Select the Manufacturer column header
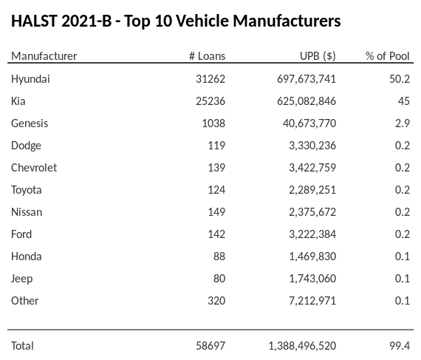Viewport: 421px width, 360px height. (44, 56)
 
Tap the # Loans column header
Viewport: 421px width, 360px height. (207, 56)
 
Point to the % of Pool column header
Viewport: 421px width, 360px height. (387, 56)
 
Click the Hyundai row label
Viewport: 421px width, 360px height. (30, 78)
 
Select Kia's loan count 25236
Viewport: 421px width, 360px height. (209, 101)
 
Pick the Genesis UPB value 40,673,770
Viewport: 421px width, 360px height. (309, 123)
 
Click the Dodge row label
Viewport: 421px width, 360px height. (26, 145)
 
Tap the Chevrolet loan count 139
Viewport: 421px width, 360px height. (216, 167)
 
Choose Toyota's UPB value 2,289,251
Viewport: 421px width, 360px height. (312, 189)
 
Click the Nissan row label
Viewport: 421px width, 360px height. (27, 211)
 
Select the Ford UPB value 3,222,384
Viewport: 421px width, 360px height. (312, 234)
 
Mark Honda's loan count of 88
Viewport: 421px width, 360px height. (219, 256)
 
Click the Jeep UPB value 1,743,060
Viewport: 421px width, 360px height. (312, 278)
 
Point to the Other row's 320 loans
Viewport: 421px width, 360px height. (216, 300)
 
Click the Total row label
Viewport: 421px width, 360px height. (22, 345)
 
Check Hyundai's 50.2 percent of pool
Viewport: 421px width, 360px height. (400, 78)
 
